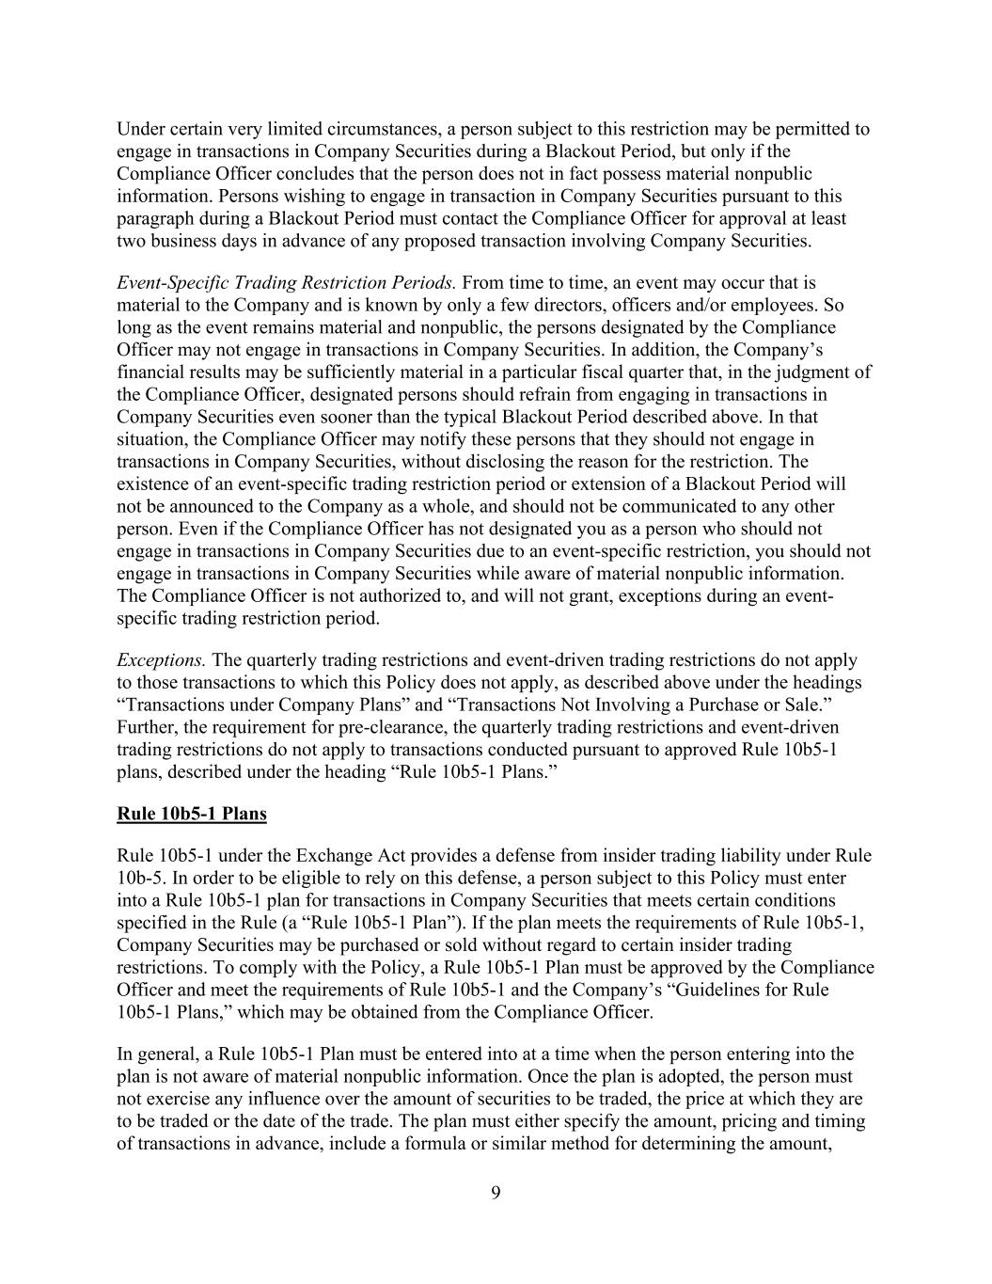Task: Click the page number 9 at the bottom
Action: [496, 1193]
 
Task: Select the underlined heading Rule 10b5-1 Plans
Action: [192, 814]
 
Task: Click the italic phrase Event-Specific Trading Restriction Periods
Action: [287, 282]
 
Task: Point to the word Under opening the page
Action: [139, 129]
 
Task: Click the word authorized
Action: [353, 596]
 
